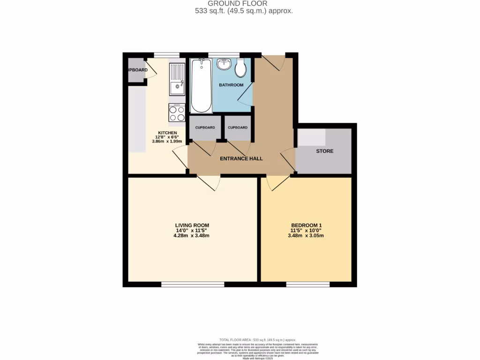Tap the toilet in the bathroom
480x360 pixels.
(240, 68)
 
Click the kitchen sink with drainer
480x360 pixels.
(177, 80)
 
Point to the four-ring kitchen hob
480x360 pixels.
(177, 112)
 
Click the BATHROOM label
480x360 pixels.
(231, 85)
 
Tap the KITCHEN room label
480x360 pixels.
(167, 133)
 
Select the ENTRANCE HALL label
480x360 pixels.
(241, 158)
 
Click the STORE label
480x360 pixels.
(324, 151)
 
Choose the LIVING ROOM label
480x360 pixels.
(192, 225)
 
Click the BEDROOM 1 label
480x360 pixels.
(306, 225)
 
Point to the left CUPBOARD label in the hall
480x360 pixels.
(205, 127)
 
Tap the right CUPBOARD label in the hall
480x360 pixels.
(238, 127)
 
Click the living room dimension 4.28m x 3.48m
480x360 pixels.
(192, 236)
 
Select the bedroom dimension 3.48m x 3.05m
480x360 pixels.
(306, 236)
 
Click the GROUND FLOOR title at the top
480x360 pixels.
(244, 3)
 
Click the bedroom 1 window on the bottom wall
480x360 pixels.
(307, 284)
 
